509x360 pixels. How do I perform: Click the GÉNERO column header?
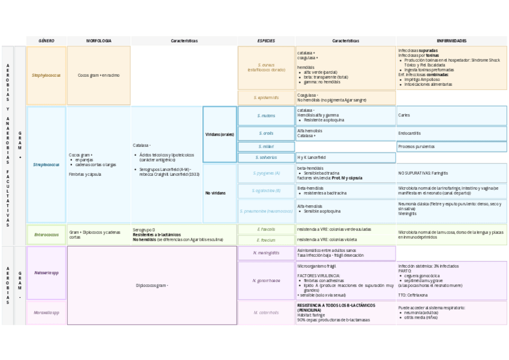tap(46, 41)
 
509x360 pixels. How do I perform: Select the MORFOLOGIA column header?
tap(98, 41)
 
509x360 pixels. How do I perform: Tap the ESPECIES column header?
tap(266, 41)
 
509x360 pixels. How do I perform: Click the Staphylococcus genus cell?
tap(46, 76)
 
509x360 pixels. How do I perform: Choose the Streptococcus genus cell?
tap(46, 164)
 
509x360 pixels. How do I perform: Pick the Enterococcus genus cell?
tap(46, 235)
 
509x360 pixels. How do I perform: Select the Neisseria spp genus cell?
tap(46, 273)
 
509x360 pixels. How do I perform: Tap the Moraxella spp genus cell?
tap(46, 313)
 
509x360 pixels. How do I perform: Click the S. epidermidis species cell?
tap(266, 97)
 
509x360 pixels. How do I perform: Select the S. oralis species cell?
tap(266, 133)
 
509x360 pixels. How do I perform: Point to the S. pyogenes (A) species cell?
tap(266, 173)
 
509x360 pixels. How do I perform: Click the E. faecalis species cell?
tap(266, 229)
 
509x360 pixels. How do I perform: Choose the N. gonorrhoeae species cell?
tap(266, 280)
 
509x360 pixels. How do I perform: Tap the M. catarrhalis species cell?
tap(266, 313)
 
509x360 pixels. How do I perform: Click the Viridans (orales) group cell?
tap(220, 134)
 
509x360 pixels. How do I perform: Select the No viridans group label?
tap(216, 193)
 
